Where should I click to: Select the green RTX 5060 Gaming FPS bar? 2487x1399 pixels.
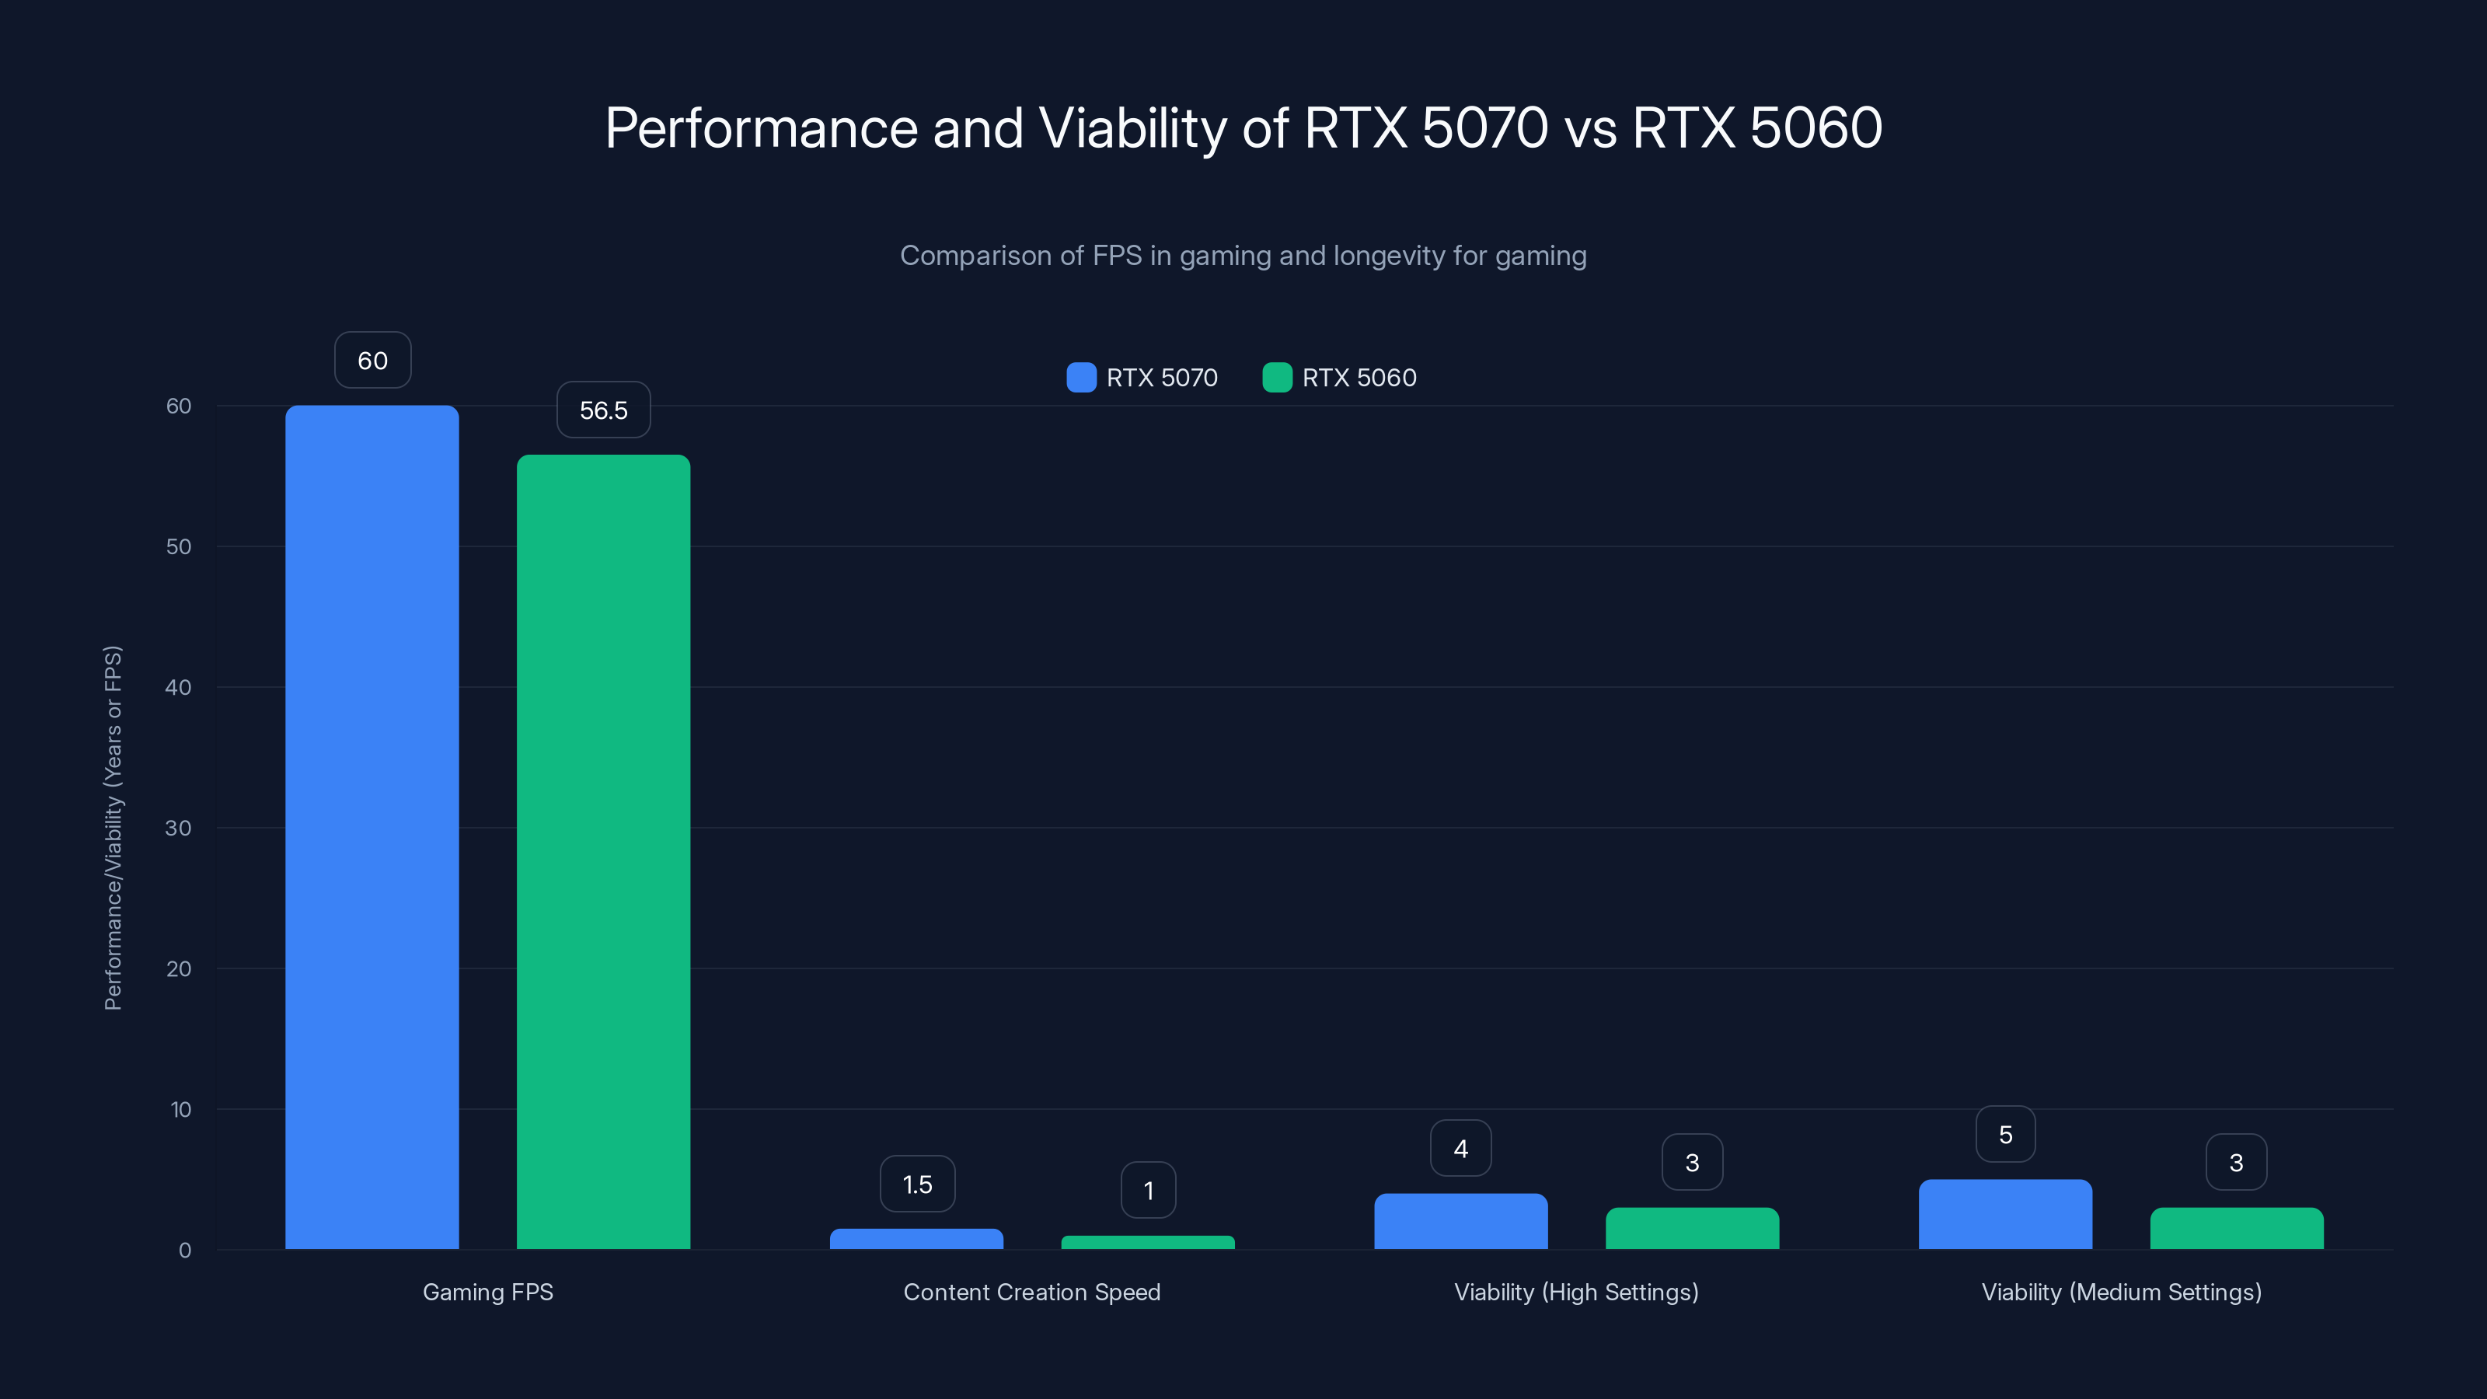point(603,852)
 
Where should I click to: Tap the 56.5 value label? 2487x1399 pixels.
point(603,410)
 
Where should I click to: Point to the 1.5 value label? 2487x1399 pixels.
point(917,1184)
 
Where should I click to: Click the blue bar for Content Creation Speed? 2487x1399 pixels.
point(916,1239)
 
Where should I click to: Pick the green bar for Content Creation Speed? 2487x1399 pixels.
point(1148,1243)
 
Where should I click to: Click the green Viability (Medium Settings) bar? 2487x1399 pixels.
point(2236,1228)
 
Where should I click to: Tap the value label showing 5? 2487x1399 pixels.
point(2005,1135)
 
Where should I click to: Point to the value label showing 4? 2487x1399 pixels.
point(1461,1148)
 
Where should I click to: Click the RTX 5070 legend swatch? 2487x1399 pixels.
point(1081,378)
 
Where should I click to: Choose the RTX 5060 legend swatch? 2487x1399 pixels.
point(1277,378)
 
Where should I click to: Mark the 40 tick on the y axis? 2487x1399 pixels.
point(179,687)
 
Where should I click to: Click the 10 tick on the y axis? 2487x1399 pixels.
point(180,1109)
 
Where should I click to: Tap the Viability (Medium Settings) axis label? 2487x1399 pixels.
point(2121,1292)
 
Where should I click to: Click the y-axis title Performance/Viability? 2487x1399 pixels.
point(113,828)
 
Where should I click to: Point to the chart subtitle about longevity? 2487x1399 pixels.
point(1243,256)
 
